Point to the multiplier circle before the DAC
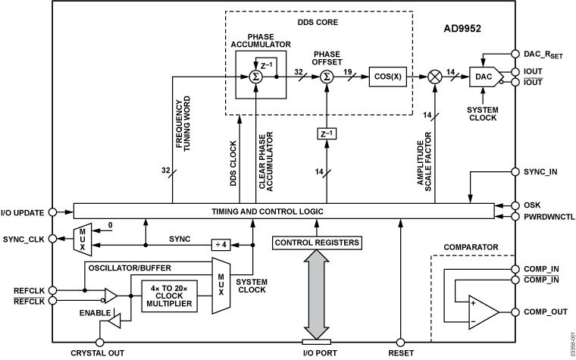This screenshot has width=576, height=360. pyautogui.click(x=436, y=77)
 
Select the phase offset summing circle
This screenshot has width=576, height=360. pyautogui.click(x=327, y=77)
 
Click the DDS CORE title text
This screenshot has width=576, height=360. pyautogui.click(x=316, y=22)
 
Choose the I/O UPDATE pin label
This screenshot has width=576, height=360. pyautogui.click(x=23, y=213)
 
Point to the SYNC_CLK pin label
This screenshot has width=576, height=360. pyautogui.click(x=23, y=239)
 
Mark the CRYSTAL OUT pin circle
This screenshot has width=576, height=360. pyautogui.click(x=99, y=342)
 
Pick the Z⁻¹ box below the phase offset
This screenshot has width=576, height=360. pyautogui.click(x=327, y=134)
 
